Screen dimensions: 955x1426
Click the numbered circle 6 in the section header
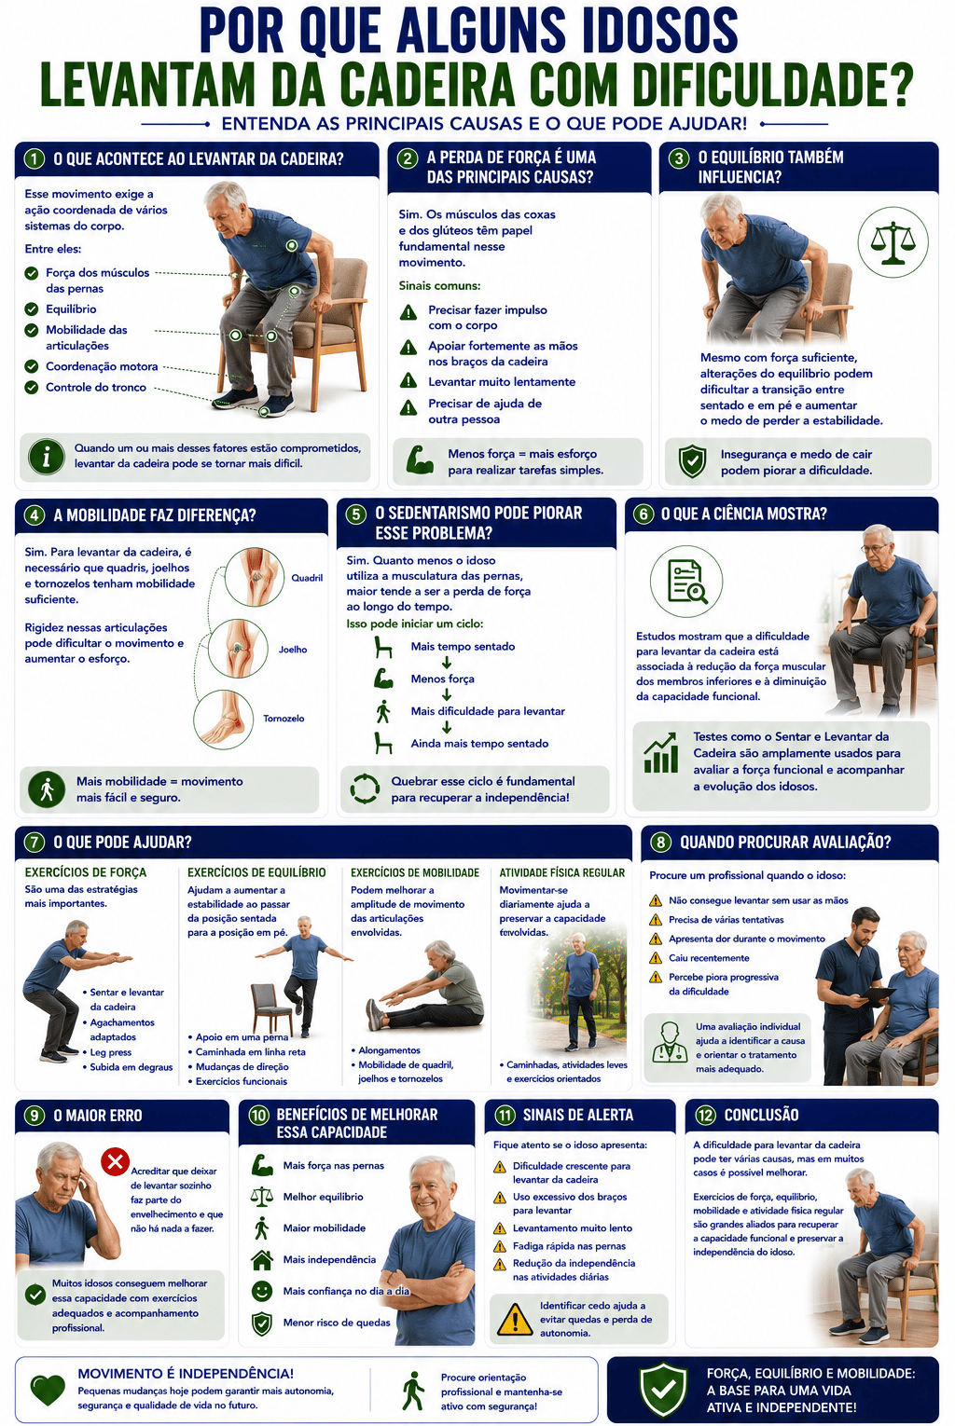coord(643,514)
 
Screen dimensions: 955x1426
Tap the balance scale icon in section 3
coord(893,242)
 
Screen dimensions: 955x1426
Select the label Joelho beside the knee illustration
coord(293,650)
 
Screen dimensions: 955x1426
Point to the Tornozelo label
coord(284,718)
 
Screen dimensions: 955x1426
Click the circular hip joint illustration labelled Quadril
coord(255,577)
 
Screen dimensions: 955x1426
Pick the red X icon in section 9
coord(116,1162)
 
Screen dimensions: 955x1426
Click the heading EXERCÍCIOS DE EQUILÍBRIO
coord(256,872)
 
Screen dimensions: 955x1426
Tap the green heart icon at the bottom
coord(48,1392)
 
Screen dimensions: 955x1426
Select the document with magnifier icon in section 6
coord(686,582)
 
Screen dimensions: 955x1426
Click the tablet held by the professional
coord(875,994)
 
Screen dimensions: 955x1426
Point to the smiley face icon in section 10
coord(261,1291)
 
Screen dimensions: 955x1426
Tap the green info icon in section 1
coord(47,457)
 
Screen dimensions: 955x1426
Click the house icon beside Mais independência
coord(261,1260)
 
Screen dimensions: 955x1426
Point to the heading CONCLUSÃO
coord(761,1116)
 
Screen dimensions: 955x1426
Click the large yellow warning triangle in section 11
coord(514,1319)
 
